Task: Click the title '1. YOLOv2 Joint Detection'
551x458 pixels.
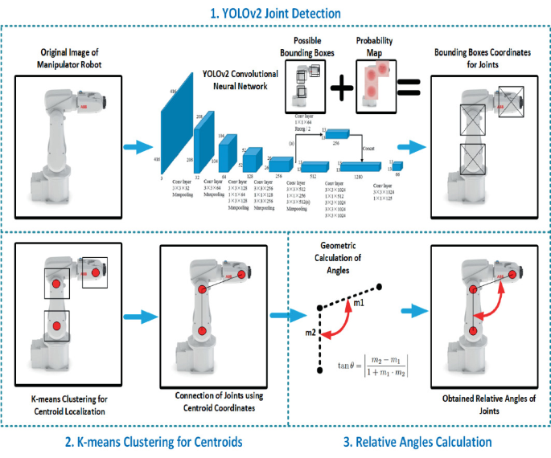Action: [x=275, y=13]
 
